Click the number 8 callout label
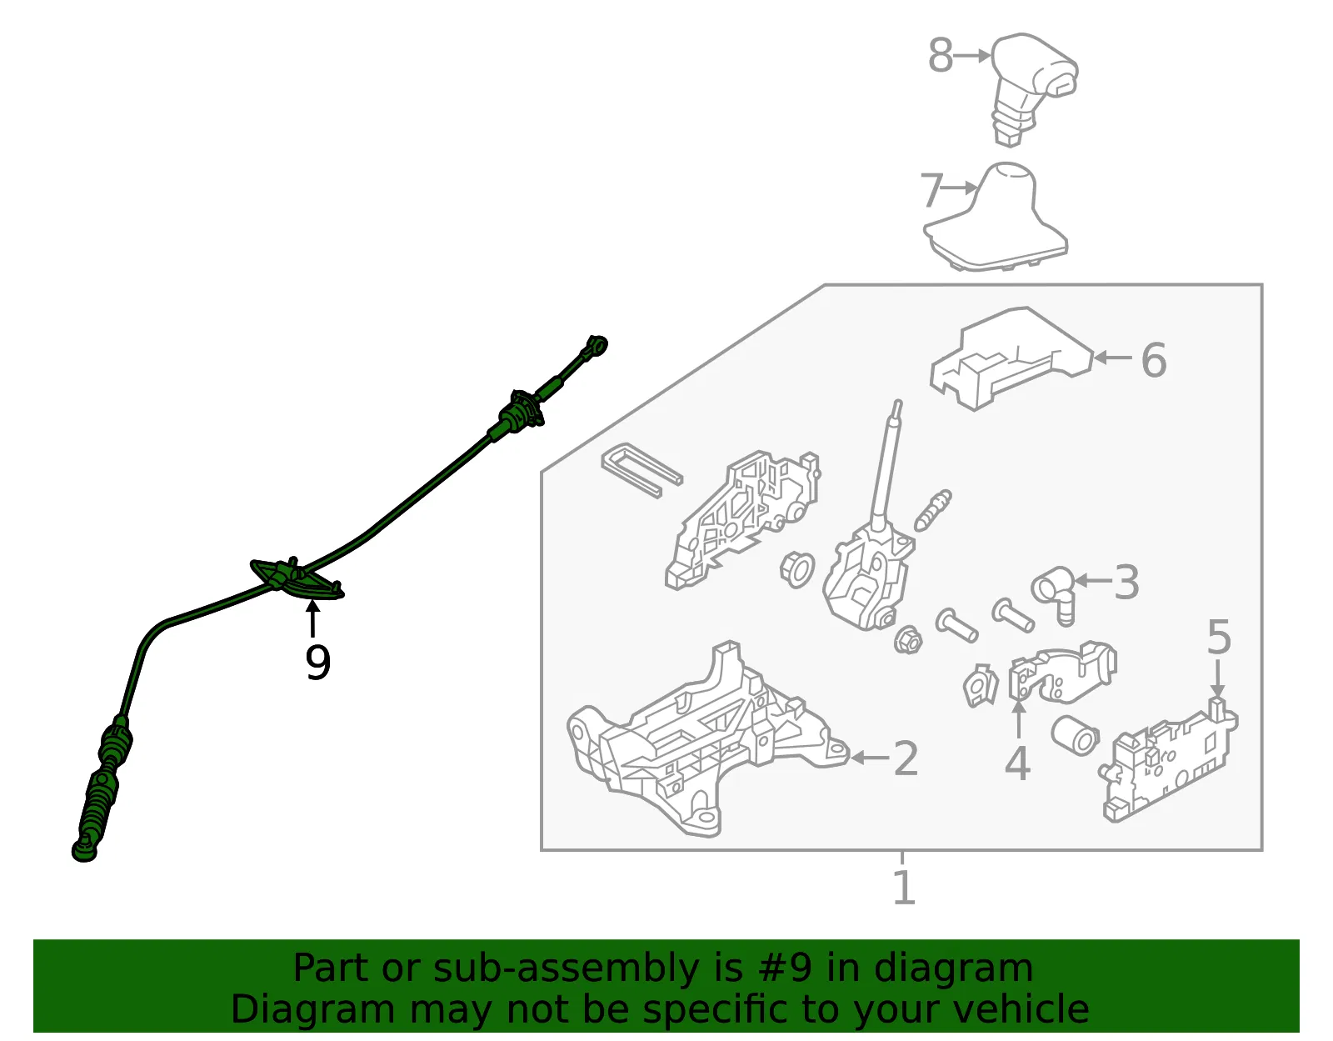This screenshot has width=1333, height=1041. point(941,55)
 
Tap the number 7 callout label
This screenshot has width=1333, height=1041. point(931,190)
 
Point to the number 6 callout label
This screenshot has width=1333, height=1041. point(1153,360)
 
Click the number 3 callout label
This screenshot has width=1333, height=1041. point(1126,582)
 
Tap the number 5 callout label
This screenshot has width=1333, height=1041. point(1219,637)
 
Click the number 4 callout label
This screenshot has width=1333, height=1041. point(1018,763)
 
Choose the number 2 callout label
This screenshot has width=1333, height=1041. point(906,758)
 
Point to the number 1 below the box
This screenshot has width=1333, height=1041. point(904,887)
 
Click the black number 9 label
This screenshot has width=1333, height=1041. point(317,663)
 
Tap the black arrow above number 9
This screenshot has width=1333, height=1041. point(313,618)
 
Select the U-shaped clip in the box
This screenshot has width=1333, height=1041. point(641,470)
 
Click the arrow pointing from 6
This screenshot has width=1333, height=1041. point(1112,357)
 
